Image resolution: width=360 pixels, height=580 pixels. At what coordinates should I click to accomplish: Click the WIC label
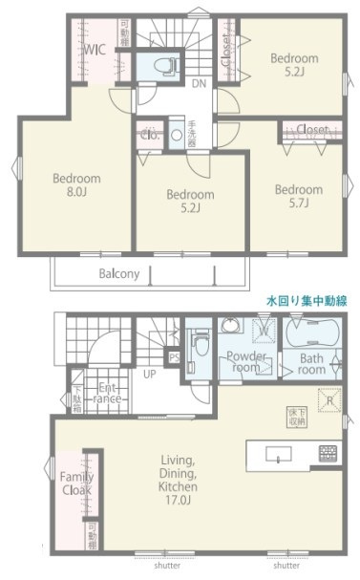point(94,51)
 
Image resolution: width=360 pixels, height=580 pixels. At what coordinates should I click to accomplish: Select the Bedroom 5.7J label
point(298,196)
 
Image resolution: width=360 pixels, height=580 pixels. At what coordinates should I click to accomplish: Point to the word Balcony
point(119,273)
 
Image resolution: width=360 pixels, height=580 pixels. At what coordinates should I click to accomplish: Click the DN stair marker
point(199,84)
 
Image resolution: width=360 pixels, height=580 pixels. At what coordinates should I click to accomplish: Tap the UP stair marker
point(150,374)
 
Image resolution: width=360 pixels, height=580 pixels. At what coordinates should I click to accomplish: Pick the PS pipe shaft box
point(174,358)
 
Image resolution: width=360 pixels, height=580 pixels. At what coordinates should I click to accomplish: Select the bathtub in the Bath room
point(312,336)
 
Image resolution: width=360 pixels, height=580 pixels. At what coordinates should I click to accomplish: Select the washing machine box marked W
point(263,332)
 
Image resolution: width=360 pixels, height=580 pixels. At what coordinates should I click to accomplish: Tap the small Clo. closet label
point(150,134)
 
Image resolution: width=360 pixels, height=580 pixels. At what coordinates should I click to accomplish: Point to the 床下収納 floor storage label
point(295,417)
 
